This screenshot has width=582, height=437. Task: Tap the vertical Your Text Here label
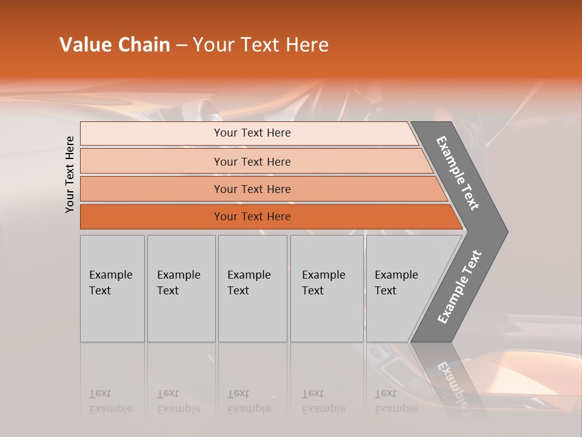tap(70, 174)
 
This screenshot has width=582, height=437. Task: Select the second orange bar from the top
tap(252, 161)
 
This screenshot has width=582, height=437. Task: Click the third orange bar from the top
tap(252, 189)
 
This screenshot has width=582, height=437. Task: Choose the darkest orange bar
tap(252, 217)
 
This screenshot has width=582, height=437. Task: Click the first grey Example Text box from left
tap(112, 288)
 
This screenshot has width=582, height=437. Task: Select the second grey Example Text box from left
tap(181, 288)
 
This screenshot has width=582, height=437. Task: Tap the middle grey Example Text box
tap(252, 288)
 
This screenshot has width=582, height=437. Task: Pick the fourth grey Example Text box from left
tap(327, 288)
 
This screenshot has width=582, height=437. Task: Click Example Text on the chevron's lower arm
tap(460, 287)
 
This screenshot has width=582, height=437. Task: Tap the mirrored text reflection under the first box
tap(110, 401)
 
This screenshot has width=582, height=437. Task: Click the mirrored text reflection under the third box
tap(249, 401)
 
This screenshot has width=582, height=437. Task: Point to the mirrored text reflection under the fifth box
tap(396, 401)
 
